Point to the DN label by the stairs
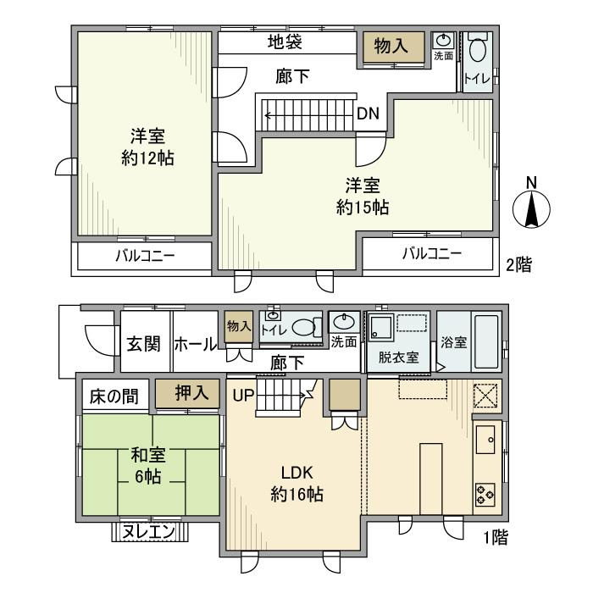coord(367,114)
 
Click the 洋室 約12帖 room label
coord(141,147)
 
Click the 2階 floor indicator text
coord(519,264)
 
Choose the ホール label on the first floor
coord(197,345)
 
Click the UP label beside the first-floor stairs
coord(244,395)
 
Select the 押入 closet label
coord(186,394)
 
